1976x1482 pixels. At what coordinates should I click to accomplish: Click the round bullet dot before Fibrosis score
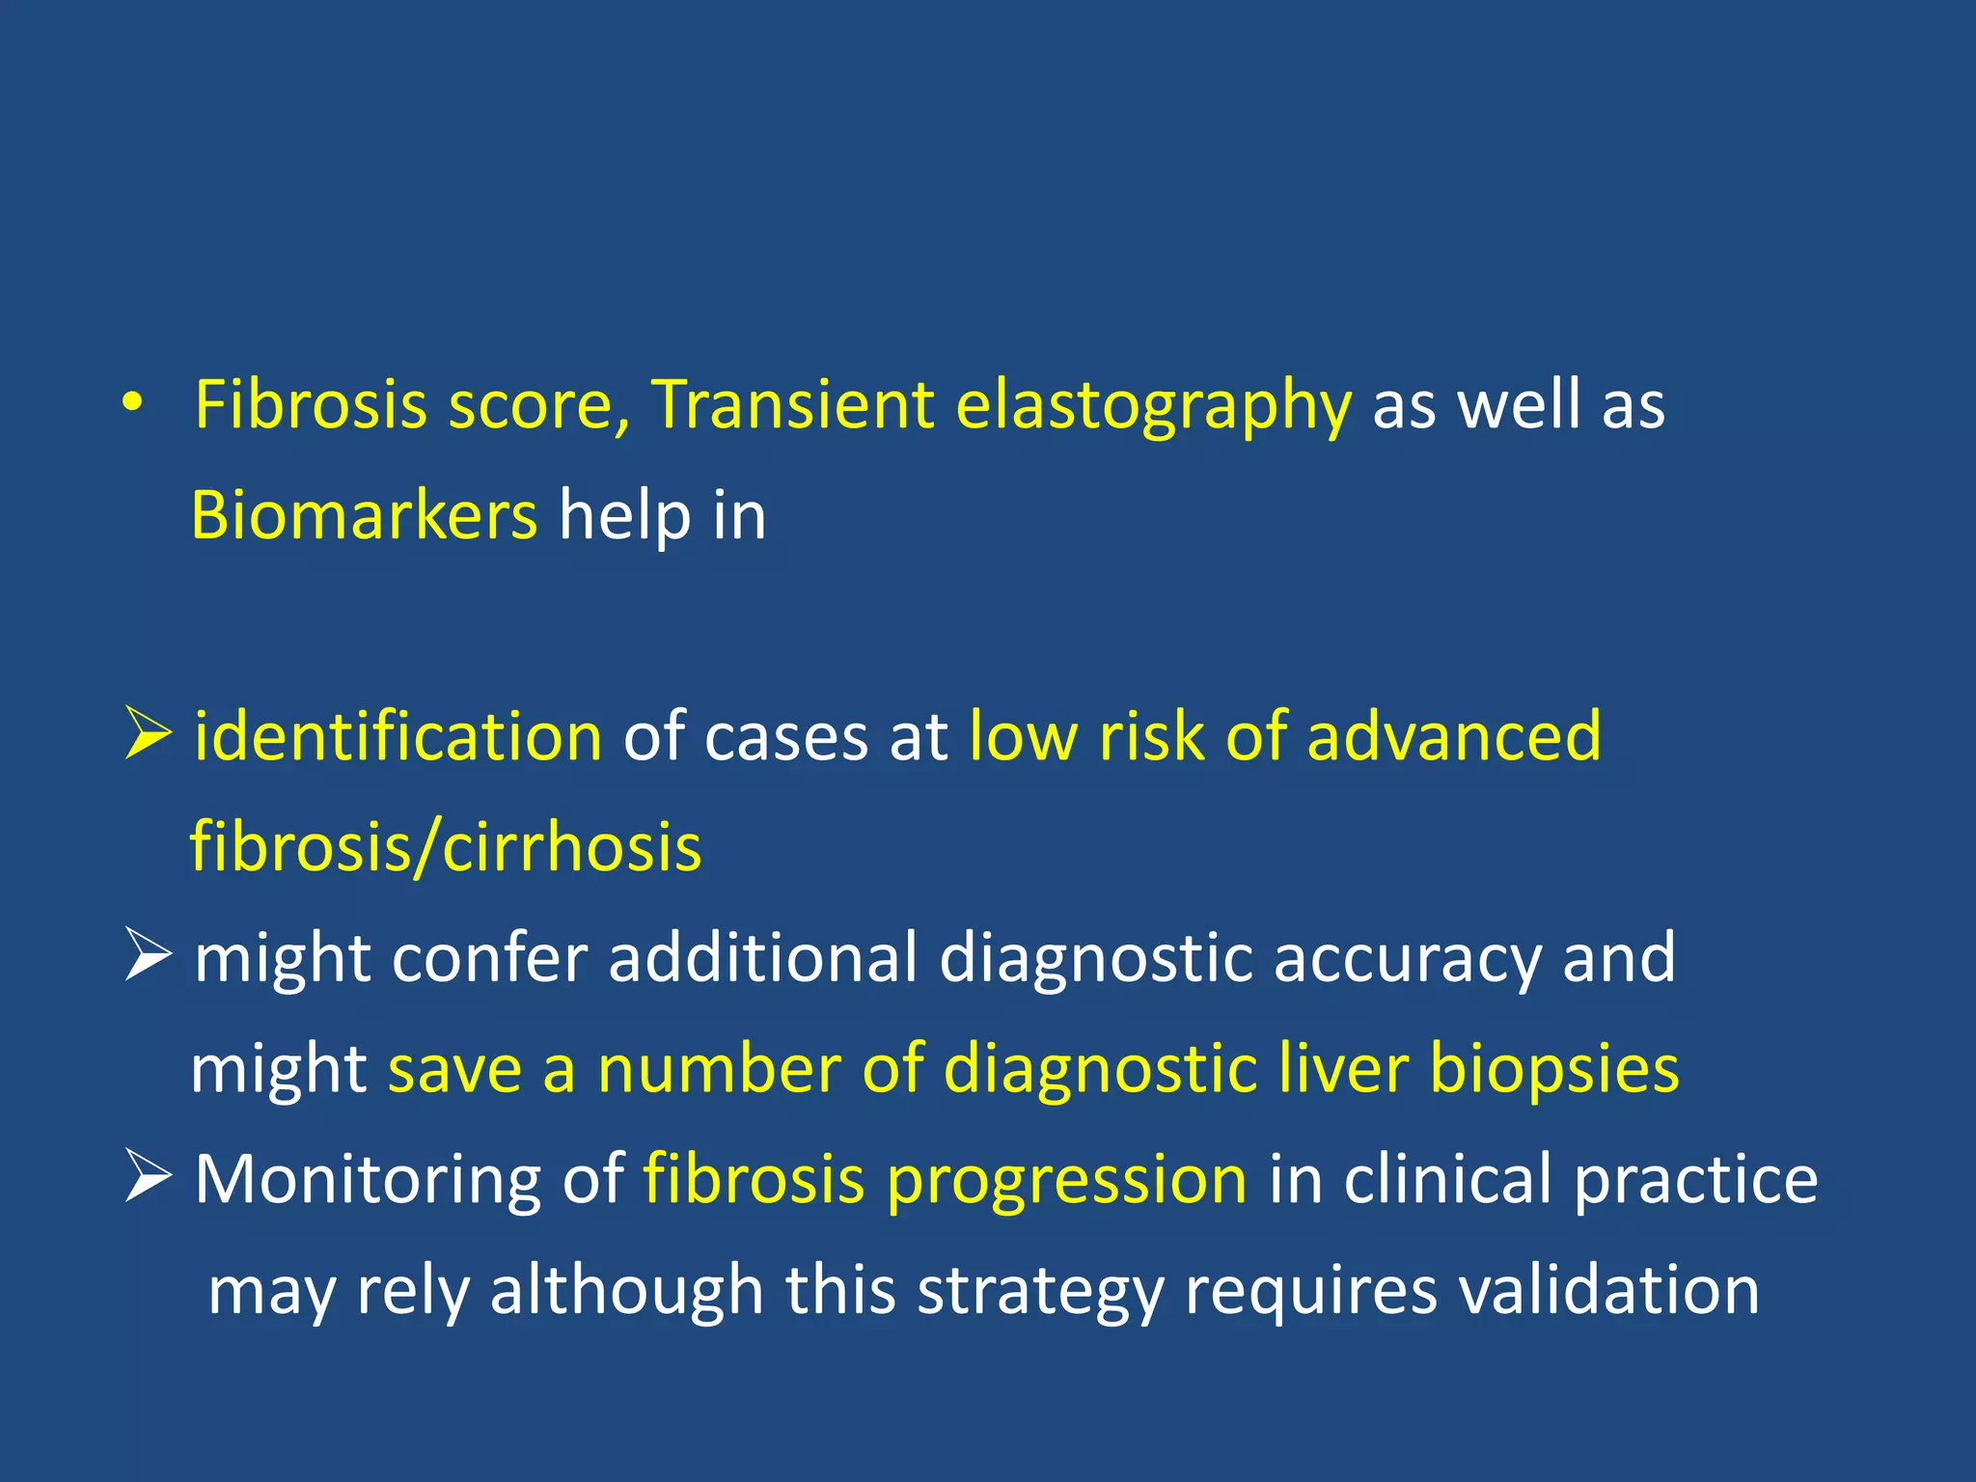click(133, 403)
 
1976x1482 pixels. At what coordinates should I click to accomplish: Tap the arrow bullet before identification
click(148, 736)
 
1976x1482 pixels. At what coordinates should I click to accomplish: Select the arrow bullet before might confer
click(148, 957)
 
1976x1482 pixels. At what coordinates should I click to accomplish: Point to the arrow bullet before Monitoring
click(148, 1178)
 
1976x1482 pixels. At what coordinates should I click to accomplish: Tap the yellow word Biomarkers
click(364, 515)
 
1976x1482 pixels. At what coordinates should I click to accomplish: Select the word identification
click(398, 736)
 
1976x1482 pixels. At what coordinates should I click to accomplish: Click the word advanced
click(1454, 736)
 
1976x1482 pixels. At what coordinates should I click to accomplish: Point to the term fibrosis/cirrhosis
click(446, 847)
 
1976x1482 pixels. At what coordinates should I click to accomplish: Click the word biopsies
click(1554, 1069)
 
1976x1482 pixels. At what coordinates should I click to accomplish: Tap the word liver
click(1343, 1068)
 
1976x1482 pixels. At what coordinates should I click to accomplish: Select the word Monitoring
click(368, 1180)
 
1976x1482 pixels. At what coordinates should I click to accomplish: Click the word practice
click(1696, 1180)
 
